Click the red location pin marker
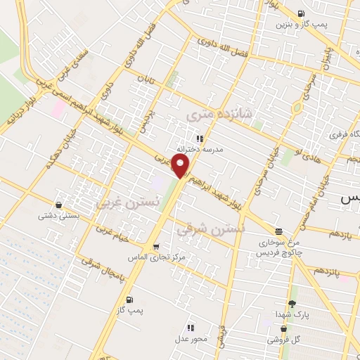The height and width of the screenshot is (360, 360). coord(182,167)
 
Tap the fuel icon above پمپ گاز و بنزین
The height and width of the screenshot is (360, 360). coord(302,13)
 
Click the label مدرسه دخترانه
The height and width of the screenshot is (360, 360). coord(199,150)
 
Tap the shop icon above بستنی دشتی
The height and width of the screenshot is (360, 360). coord(58,205)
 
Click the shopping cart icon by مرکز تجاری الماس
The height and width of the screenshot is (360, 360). coord(156,247)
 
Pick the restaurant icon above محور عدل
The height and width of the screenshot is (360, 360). coord(191,327)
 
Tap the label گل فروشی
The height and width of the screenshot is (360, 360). coord(283,340)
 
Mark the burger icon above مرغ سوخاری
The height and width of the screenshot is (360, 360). coord(279,231)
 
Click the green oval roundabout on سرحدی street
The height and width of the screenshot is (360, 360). coord(297,108)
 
